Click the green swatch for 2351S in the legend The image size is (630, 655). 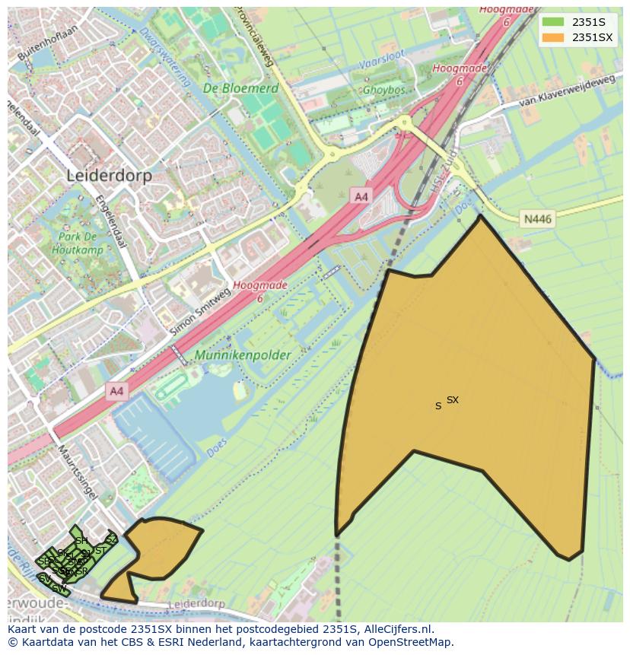pos(554,21)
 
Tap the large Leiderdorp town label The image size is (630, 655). pos(109,175)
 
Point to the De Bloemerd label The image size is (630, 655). pos(240,88)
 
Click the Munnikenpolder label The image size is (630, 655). pos(243,355)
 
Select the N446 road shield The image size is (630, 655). pos(538,219)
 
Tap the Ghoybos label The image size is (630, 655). pos(384,89)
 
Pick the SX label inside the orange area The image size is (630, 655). pos(453,399)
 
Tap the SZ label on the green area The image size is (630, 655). pos(111,539)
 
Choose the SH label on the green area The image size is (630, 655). pos(81,541)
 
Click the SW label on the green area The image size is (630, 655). pos(58,587)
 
